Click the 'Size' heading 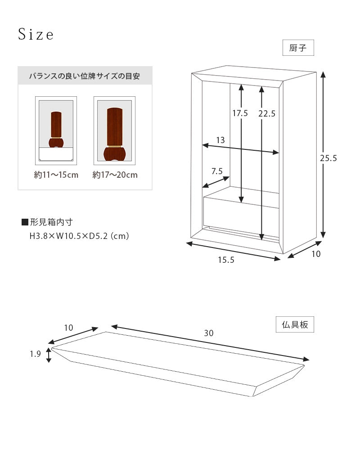[36, 35]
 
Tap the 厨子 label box [298, 48]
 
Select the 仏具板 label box [295, 324]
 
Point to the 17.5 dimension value [240, 113]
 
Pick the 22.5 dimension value [267, 114]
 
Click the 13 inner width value [220, 140]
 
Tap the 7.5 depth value [217, 171]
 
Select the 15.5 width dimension [226, 260]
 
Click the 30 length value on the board [208, 333]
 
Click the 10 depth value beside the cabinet [316, 254]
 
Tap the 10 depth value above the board [68, 328]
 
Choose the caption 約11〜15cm [56, 175]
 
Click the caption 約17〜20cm [115, 175]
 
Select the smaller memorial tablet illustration [56, 130]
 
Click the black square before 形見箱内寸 [25, 222]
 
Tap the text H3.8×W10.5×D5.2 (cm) [79, 235]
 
